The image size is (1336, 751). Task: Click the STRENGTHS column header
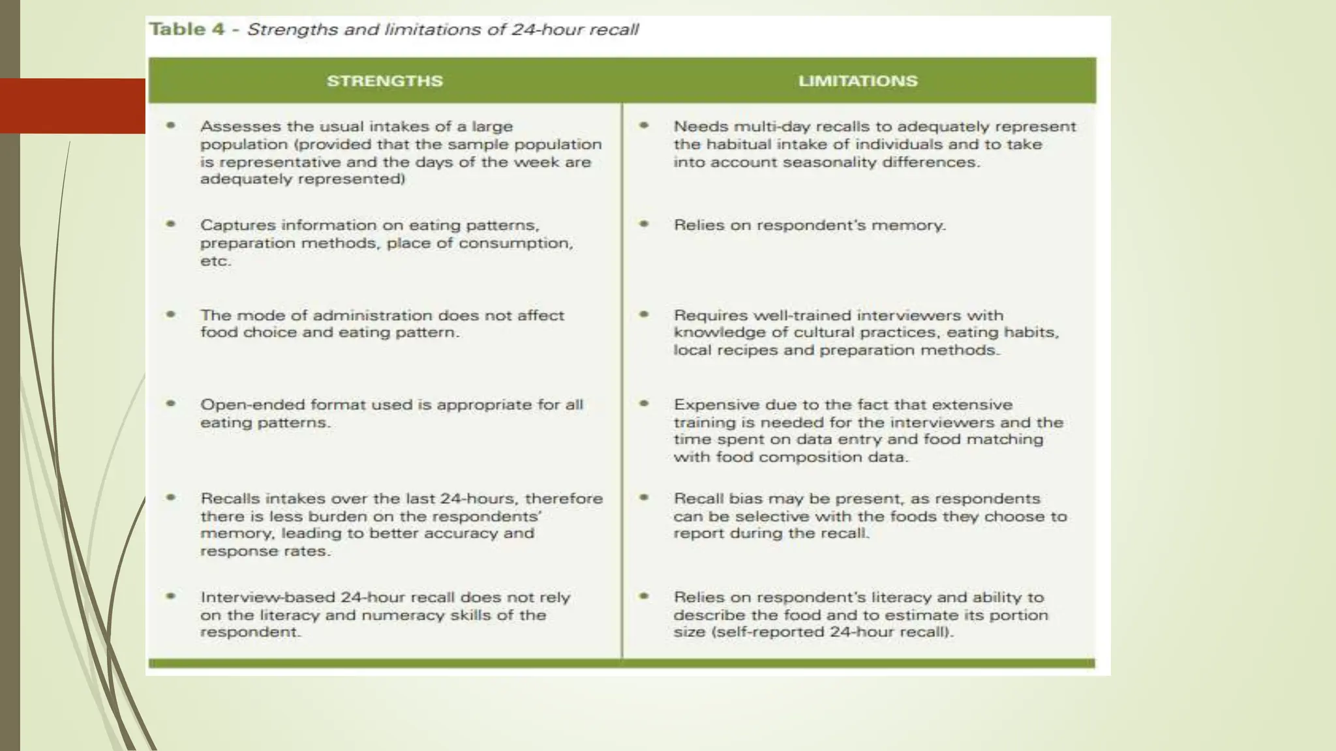(384, 81)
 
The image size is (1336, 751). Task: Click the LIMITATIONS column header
(857, 81)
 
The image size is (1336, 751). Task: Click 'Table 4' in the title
(187, 29)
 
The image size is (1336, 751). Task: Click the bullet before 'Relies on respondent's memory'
(644, 224)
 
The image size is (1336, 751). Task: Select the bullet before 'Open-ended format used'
(171, 404)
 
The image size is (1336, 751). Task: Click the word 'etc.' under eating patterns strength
(215, 261)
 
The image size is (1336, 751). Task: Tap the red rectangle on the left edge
(72, 106)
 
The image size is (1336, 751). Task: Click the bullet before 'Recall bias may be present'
(644, 497)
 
